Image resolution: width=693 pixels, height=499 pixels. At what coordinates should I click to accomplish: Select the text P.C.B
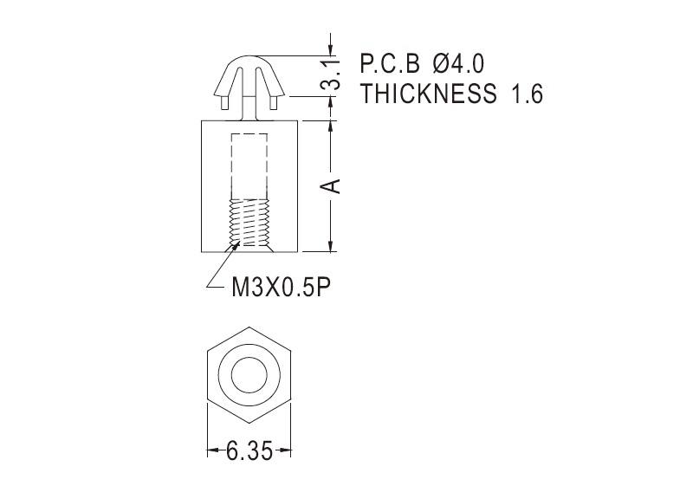(x=390, y=64)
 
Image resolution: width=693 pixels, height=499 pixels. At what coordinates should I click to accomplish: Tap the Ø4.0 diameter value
(x=459, y=64)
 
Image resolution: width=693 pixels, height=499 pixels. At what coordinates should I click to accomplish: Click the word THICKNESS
(x=428, y=94)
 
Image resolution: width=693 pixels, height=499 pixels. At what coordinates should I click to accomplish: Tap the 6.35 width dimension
(x=249, y=451)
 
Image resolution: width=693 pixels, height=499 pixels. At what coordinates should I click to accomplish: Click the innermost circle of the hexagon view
(x=249, y=375)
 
